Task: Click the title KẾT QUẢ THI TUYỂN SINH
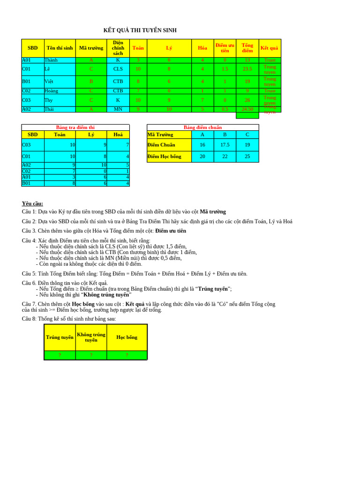(x=140, y=30)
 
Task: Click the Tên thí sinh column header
(x=60, y=48)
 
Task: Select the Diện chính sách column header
(x=118, y=48)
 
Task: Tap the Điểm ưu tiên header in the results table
(x=225, y=48)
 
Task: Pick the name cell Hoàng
(x=52, y=91)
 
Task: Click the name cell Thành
(x=51, y=60)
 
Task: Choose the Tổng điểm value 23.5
(x=247, y=69)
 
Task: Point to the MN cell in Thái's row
(x=118, y=109)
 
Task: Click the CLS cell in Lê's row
(x=118, y=69)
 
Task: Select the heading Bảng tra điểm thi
(x=75, y=127)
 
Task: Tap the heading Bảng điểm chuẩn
(x=202, y=127)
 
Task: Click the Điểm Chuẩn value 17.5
(x=225, y=145)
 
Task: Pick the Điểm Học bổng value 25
(x=247, y=157)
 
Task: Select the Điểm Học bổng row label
(x=169, y=157)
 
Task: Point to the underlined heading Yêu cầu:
(x=32, y=203)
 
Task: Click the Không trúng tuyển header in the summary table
(x=91, y=337)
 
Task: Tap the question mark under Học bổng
(x=127, y=355)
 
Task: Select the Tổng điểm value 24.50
(x=247, y=109)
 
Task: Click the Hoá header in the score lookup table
(x=118, y=135)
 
